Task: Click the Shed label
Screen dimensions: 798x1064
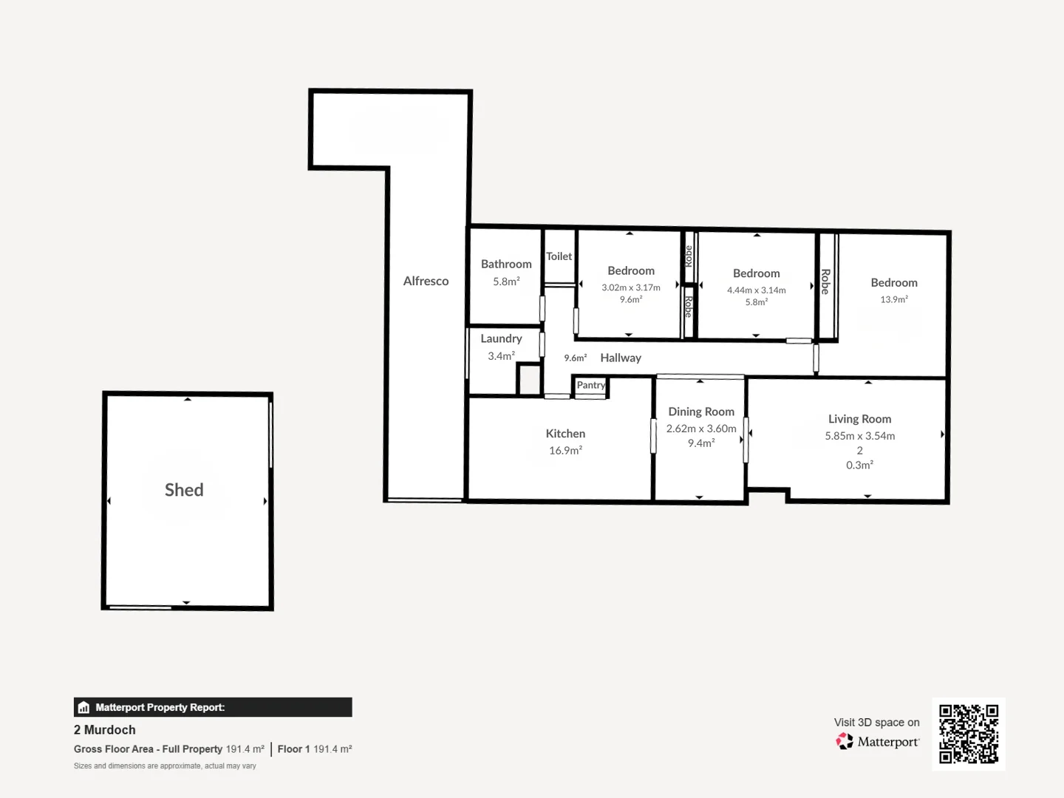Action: coord(184,490)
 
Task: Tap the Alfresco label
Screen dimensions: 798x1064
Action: coord(426,281)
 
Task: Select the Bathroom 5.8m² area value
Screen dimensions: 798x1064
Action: coord(506,282)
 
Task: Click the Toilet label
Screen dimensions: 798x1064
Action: coord(559,256)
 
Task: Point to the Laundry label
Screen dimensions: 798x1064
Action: coord(501,338)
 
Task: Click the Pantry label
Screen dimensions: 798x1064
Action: coord(590,385)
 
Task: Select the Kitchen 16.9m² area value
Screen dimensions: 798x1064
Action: coord(565,450)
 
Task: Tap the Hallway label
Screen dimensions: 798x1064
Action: coord(620,358)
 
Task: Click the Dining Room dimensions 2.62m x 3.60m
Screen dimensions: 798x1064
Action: coord(701,429)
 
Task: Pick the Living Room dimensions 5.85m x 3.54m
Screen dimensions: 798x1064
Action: coord(859,436)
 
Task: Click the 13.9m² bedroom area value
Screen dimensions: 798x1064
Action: coord(893,299)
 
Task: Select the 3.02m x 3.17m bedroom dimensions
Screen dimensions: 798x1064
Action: coord(630,287)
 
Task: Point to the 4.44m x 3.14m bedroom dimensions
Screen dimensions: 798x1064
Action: coord(756,290)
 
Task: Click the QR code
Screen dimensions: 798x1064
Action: coord(968,734)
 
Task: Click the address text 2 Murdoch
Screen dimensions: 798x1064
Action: coord(105,729)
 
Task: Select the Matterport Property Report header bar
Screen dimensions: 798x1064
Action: coord(213,707)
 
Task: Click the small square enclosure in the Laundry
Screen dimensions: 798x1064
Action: coord(529,380)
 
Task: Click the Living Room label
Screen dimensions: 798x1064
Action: coord(859,419)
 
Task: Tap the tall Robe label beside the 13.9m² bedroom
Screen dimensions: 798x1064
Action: coord(825,282)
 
